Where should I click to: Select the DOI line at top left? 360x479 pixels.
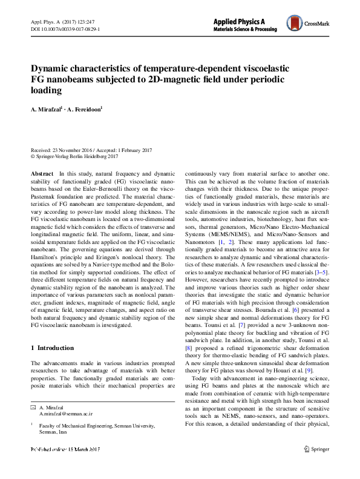click(65, 28)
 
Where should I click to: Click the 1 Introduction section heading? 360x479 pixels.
click(52, 348)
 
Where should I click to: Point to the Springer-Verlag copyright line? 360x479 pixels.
click(78, 156)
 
